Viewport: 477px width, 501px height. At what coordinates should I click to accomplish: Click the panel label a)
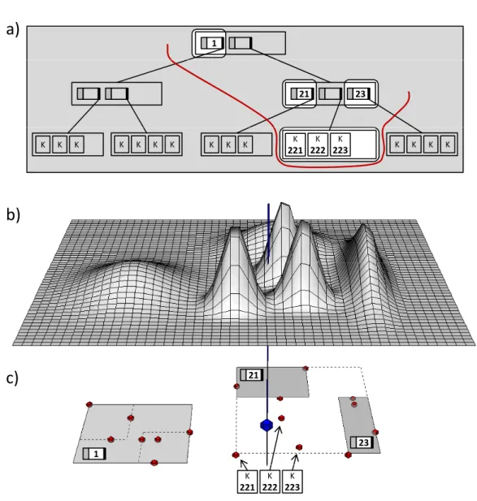click(12, 29)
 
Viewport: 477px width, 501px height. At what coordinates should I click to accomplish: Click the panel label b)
click(13, 214)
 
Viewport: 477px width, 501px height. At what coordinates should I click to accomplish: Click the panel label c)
click(12, 378)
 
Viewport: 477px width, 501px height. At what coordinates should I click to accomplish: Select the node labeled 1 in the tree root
click(211, 43)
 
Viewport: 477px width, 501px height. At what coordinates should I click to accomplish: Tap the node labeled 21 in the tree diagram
click(301, 94)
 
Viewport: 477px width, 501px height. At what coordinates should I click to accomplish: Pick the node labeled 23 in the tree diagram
click(358, 94)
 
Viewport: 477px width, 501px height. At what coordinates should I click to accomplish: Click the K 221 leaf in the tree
click(295, 145)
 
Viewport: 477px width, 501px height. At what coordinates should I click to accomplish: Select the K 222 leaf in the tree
click(318, 145)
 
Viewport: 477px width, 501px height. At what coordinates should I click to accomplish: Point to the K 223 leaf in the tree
click(340, 145)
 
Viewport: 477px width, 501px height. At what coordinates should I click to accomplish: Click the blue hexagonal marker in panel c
click(267, 425)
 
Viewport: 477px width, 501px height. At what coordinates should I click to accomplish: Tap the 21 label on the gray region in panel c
click(252, 375)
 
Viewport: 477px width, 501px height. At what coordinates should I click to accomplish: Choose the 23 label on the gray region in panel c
click(362, 443)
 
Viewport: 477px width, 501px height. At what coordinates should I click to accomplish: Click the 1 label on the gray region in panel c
click(94, 454)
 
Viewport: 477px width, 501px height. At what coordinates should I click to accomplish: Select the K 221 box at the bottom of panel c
click(248, 482)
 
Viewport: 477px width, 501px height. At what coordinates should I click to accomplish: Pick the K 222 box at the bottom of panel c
click(270, 482)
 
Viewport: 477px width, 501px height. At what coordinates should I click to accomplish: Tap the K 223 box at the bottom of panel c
click(293, 482)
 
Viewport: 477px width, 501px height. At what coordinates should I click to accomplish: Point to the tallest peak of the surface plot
click(282, 203)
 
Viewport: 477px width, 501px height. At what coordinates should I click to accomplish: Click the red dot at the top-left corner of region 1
click(89, 404)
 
